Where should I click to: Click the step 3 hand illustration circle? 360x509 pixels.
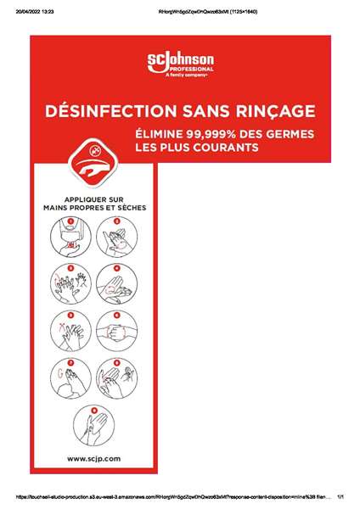[x=70, y=280]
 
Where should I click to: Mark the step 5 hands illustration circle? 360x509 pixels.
[x=70, y=327]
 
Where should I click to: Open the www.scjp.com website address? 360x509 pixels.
[x=93, y=457]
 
